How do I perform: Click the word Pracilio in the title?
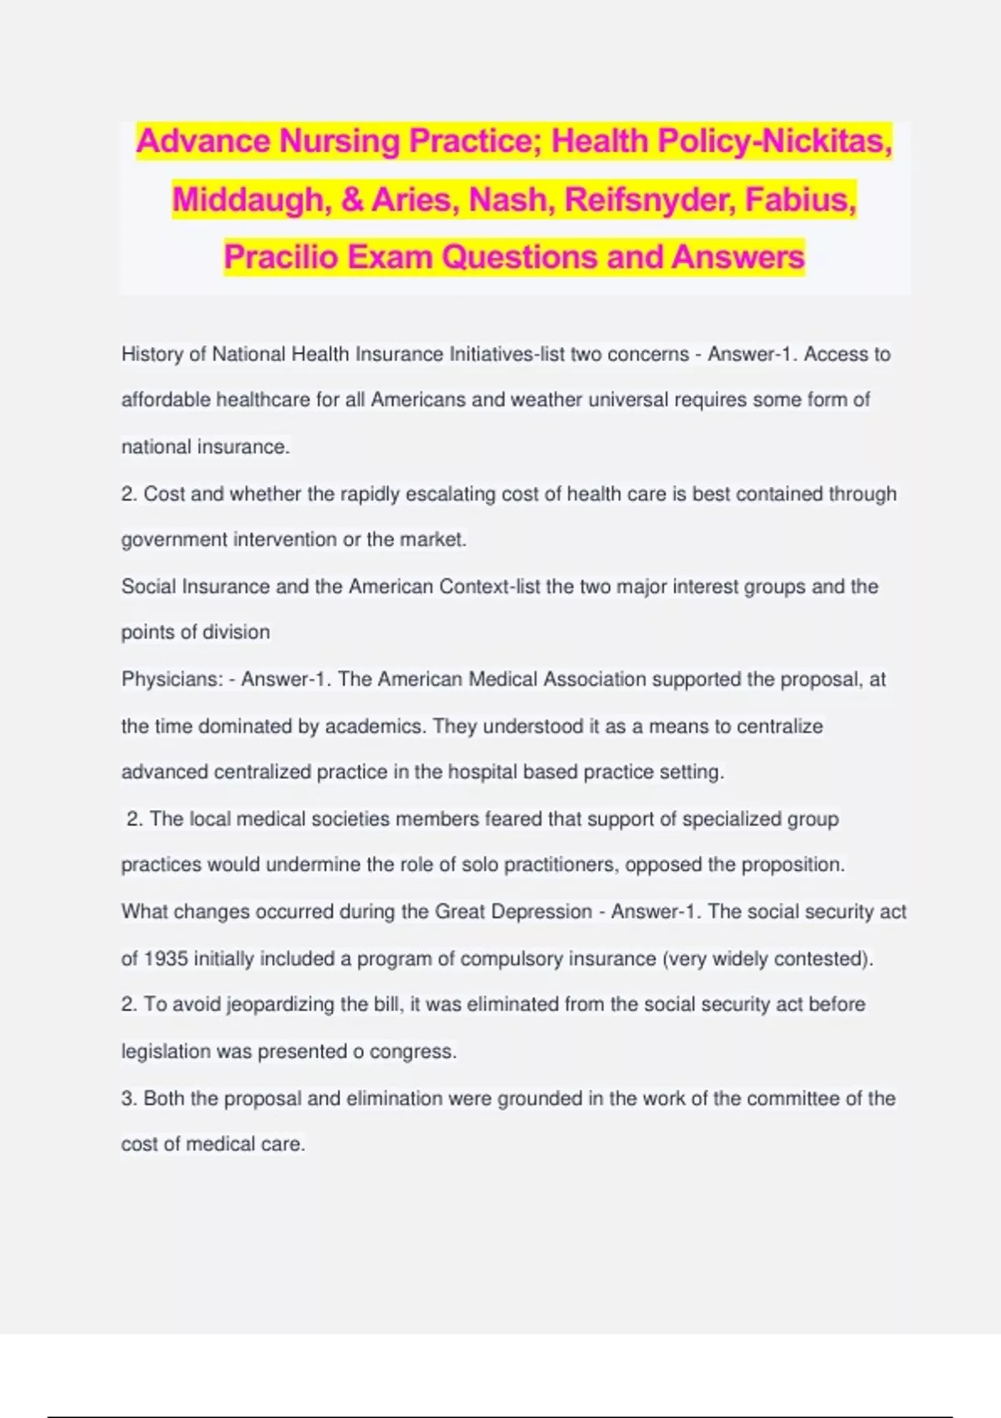280,257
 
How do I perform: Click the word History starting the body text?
152,354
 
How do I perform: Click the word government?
174,541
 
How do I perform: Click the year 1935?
166,959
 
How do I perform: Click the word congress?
412,1052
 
